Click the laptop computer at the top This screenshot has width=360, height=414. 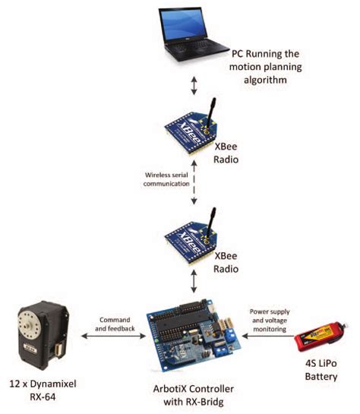click(x=193, y=38)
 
